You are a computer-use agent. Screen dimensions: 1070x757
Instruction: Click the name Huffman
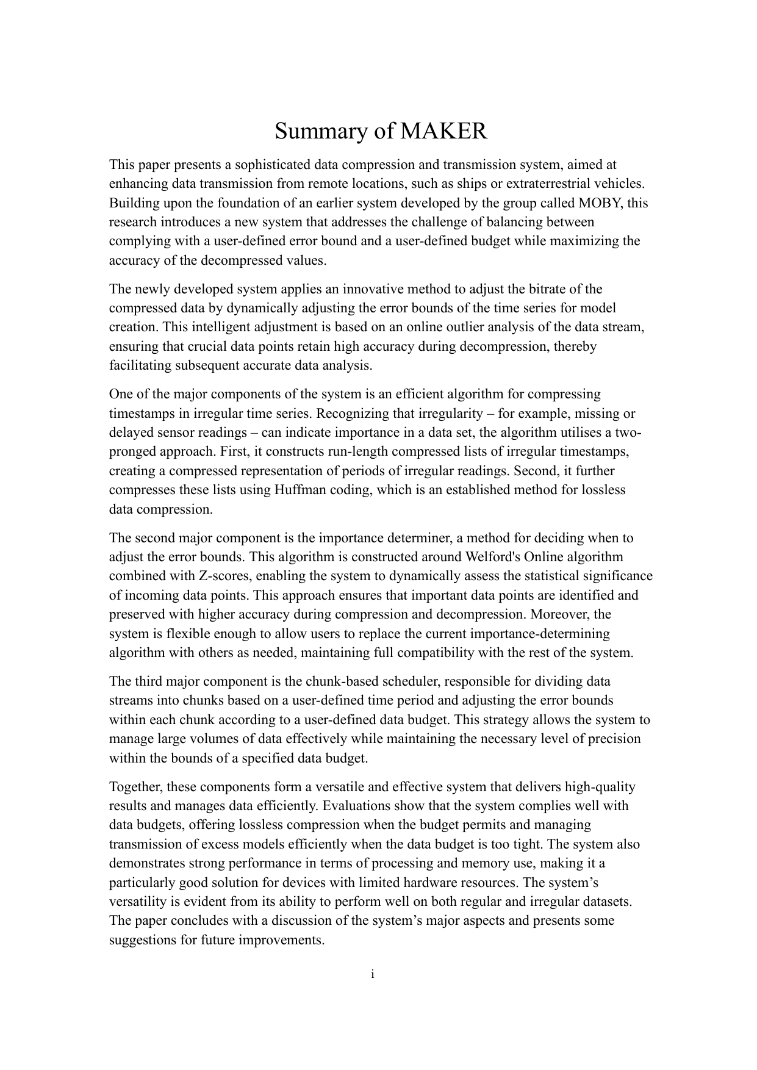point(302,490)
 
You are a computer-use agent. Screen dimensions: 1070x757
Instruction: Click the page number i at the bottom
point(372,974)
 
